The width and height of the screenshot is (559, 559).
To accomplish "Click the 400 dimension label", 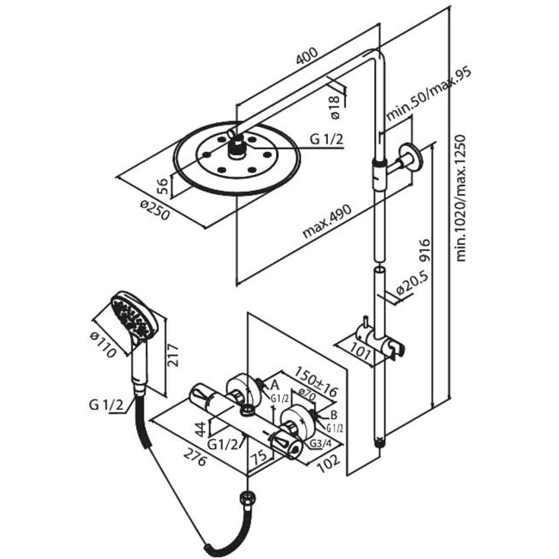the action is click(x=307, y=56).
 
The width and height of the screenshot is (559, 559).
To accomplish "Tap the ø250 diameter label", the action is click(x=154, y=210).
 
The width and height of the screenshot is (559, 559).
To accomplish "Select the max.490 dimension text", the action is click(x=326, y=221).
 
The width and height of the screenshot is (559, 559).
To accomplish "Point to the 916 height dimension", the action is click(x=425, y=251).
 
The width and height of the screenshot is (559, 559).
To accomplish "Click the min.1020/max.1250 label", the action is click(x=461, y=198).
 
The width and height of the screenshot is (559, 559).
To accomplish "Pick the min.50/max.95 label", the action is click(x=429, y=94).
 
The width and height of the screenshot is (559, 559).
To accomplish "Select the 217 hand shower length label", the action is click(x=173, y=355).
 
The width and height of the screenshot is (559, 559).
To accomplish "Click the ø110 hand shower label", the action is click(x=103, y=345).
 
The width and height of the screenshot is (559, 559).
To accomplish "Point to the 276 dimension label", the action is click(x=195, y=458).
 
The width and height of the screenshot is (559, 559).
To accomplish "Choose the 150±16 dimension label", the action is click(x=315, y=380).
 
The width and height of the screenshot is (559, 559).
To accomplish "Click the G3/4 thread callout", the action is click(x=320, y=443).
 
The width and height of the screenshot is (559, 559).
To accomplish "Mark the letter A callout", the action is click(x=275, y=385).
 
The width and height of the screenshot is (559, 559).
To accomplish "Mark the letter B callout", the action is click(x=334, y=415).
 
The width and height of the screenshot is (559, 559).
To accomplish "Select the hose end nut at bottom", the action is click(x=248, y=496).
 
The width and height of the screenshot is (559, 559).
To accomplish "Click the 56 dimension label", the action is click(x=162, y=186).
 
